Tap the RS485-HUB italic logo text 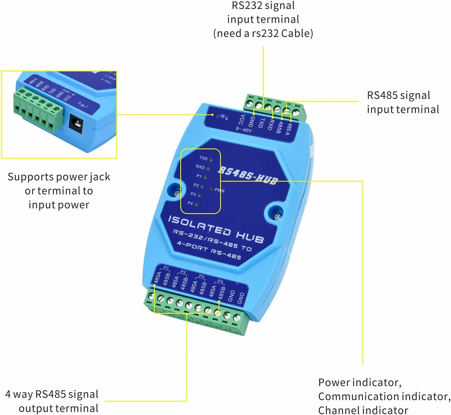click(247, 175)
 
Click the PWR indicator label click(219, 190)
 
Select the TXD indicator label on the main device click(203, 158)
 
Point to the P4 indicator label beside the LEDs click(190, 203)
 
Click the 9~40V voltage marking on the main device click(244, 130)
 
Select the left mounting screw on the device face click(177, 192)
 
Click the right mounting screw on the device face click(277, 216)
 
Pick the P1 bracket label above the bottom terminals click(166, 268)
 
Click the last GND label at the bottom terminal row click(241, 298)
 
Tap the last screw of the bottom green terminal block click(237, 318)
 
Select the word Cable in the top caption click(297, 33)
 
